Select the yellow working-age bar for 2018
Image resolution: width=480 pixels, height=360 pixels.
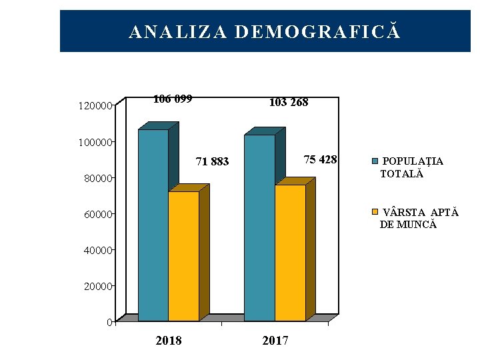coord(183,256)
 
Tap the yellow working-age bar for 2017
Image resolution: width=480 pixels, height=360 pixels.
coord(290,253)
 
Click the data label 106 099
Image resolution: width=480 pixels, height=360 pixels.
coord(173,99)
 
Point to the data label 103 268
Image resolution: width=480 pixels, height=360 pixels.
coord(288,103)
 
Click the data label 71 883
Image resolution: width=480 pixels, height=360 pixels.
coord(212,161)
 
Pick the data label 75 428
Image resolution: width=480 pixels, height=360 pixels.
coord(321,159)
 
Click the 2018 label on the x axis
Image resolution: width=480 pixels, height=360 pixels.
coord(168,341)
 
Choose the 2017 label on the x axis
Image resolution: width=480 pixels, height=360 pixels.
coord(275,341)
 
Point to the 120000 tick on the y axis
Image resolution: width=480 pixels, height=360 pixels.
coord(95,106)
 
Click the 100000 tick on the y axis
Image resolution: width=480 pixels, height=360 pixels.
coord(95,142)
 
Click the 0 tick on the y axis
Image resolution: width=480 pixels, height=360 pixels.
coord(109,323)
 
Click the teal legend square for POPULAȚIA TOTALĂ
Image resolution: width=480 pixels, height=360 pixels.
coord(375,161)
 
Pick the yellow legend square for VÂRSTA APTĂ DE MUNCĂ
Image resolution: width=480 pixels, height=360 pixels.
coord(375,212)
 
